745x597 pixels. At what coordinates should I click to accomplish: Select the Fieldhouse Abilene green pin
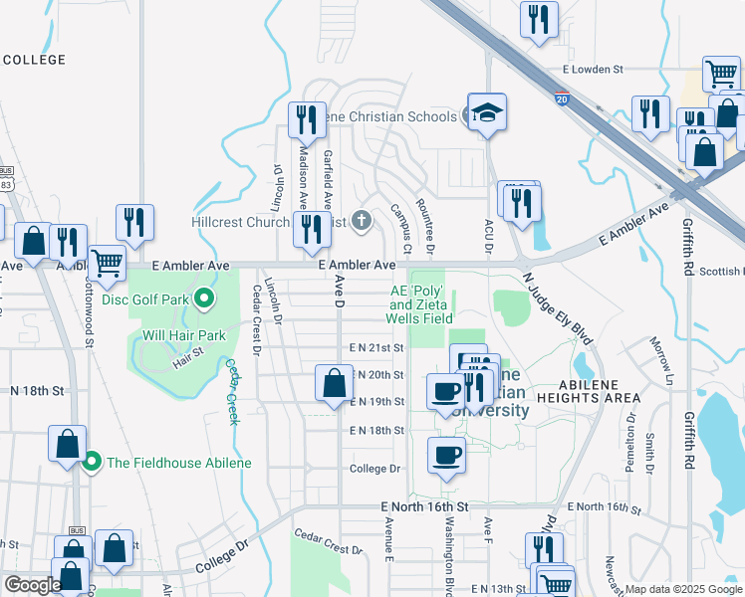click(x=92, y=462)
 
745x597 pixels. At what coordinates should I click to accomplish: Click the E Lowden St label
click(x=592, y=70)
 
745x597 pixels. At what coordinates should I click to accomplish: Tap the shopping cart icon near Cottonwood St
click(x=107, y=263)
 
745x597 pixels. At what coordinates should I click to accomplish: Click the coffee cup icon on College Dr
click(x=447, y=455)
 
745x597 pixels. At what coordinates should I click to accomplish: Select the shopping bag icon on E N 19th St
click(x=335, y=381)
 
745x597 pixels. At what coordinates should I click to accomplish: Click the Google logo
click(x=32, y=585)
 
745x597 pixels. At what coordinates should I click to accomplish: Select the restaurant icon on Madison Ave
click(x=306, y=119)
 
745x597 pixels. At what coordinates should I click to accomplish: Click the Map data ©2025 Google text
click(x=683, y=589)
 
